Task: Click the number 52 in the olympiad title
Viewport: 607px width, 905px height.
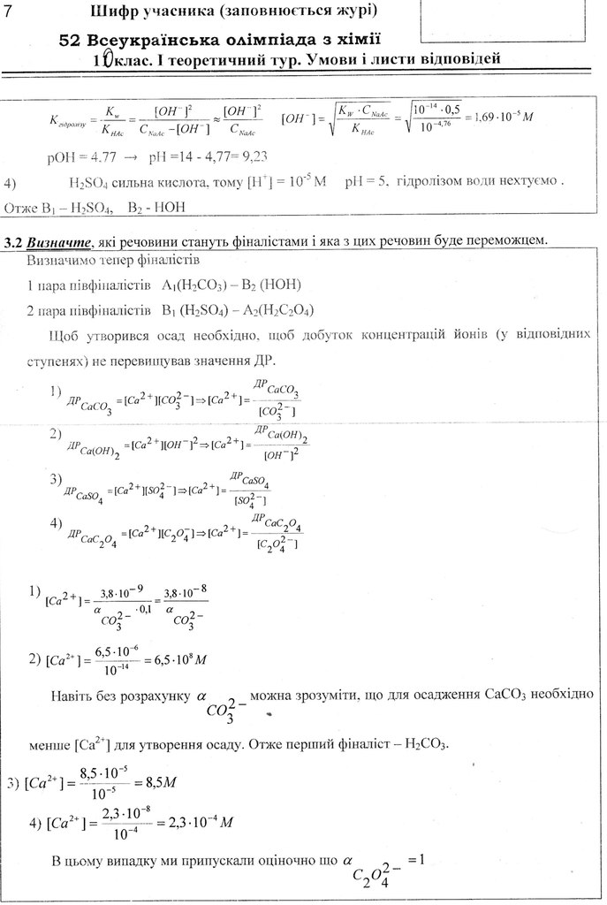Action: [x=70, y=41]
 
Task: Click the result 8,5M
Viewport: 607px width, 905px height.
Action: [x=160, y=782]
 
